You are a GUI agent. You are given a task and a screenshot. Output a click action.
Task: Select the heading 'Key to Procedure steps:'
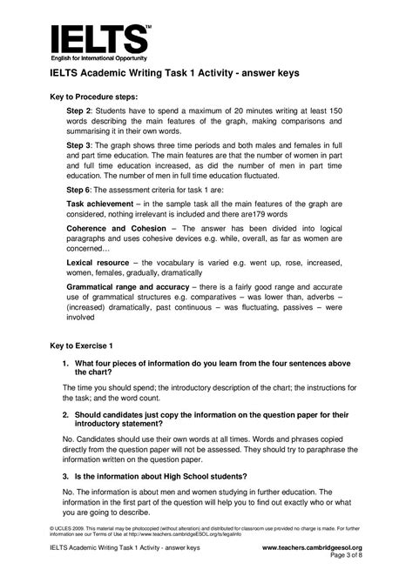tap(102, 98)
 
